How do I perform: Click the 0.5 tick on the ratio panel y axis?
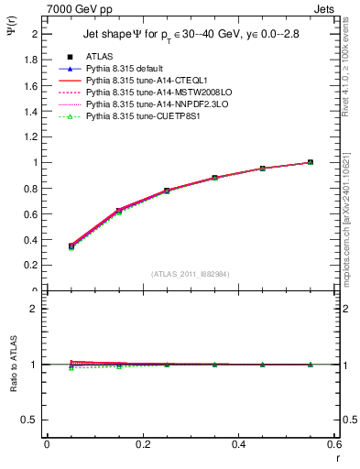click(x=33, y=420)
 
